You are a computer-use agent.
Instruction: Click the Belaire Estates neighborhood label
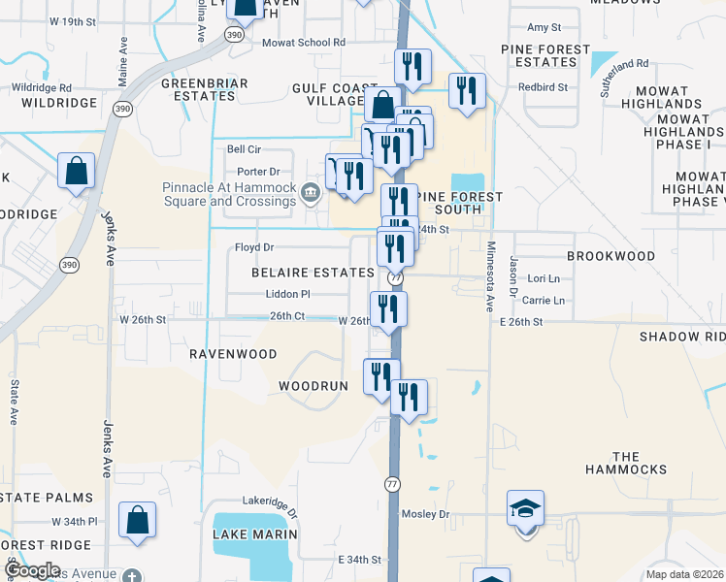point(313,274)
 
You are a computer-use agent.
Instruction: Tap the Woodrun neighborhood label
point(313,386)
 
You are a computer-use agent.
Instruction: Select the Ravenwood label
point(233,354)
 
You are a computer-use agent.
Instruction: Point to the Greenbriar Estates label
point(205,90)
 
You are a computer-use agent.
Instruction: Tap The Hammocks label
point(626,463)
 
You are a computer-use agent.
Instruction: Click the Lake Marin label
point(252,534)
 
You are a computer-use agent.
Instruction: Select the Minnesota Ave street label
point(491,276)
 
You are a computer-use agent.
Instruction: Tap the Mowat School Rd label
point(304,43)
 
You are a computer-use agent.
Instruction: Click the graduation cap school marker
point(525,509)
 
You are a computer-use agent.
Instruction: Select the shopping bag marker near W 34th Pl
point(138,519)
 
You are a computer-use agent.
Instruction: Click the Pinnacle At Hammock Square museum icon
point(311,190)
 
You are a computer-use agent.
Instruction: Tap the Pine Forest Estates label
point(545,55)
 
